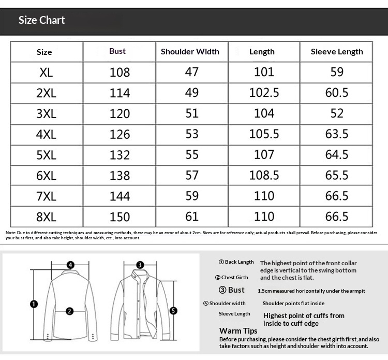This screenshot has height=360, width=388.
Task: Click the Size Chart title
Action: click(x=41, y=20)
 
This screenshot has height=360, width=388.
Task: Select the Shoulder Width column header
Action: click(x=190, y=52)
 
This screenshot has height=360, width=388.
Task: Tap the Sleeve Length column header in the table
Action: click(x=337, y=52)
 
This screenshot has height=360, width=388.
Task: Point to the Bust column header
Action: click(x=117, y=51)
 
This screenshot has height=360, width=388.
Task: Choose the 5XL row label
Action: click(x=46, y=155)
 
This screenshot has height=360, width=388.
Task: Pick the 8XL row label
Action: click(x=46, y=217)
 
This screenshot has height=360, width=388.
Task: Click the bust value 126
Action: click(x=120, y=134)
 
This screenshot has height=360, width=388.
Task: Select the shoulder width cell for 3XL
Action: click(x=192, y=113)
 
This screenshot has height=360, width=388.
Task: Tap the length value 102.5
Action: click(x=264, y=93)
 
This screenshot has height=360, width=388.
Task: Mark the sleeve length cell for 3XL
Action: click(x=337, y=113)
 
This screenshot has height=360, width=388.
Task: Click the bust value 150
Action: click(x=120, y=217)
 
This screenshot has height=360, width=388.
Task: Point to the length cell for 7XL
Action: click(x=264, y=196)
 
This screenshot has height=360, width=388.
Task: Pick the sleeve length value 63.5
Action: click(x=337, y=134)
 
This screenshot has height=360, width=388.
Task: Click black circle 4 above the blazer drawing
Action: click(x=70, y=264)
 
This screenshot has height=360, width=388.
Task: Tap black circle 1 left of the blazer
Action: click(x=33, y=304)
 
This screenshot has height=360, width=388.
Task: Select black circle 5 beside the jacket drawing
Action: click(x=174, y=311)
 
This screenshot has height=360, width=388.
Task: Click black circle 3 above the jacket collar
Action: click(x=140, y=265)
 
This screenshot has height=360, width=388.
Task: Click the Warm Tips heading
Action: click(x=238, y=331)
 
